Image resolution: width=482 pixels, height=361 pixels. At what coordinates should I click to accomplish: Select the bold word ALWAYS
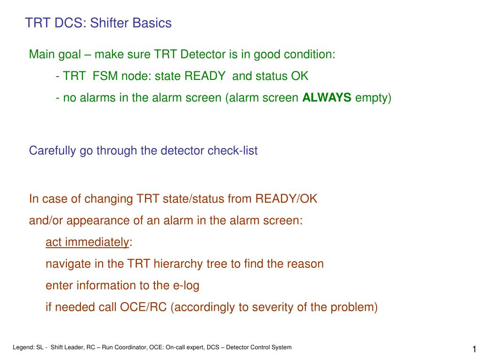(x=327, y=98)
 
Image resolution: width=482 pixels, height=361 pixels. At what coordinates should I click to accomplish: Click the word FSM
(x=105, y=76)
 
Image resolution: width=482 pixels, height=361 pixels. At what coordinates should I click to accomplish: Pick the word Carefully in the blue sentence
(x=52, y=151)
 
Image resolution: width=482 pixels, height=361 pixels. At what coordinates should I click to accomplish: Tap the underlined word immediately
(x=97, y=243)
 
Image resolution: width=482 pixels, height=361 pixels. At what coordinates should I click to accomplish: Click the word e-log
(x=186, y=286)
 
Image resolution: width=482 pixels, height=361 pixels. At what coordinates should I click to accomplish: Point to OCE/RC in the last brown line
(x=143, y=307)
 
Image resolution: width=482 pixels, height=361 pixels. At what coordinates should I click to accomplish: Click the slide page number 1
(x=474, y=349)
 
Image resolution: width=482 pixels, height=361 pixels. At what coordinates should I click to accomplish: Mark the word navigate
(x=68, y=264)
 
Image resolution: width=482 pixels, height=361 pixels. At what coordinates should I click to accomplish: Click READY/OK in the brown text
(x=286, y=199)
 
